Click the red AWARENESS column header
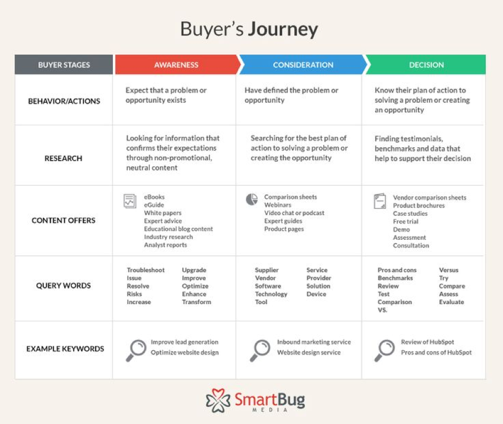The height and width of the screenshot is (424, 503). click(177, 65)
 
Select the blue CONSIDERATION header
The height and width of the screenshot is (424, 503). click(303, 65)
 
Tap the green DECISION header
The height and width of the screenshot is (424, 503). click(426, 65)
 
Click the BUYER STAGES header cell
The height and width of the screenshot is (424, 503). click(64, 65)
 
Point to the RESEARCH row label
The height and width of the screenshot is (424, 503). click(64, 158)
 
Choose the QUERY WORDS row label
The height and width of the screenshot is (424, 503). click(64, 285)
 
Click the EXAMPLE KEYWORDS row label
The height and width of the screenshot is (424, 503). click(65, 349)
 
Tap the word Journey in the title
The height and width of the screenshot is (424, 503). click(283, 30)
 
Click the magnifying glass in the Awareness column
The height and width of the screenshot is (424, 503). click(136, 350)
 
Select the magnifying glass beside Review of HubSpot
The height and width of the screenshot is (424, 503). click(384, 350)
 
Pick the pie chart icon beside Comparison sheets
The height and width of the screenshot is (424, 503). click(252, 199)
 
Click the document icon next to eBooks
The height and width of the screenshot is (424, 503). click(130, 201)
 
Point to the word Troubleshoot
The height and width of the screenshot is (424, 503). click(145, 270)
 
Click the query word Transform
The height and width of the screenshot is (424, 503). click(197, 302)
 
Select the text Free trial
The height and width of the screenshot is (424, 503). click(406, 221)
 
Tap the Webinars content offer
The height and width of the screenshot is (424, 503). click(278, 205)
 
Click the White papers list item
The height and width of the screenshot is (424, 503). click(162, 213)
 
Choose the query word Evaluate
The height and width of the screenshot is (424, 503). click(452, 302)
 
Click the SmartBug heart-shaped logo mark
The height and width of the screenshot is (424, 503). click(218, 400)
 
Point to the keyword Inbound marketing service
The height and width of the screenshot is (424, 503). click(314, 342)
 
